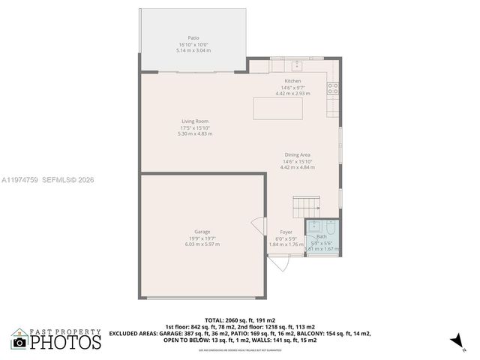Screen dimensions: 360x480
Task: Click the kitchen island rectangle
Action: click(x=278, y=108)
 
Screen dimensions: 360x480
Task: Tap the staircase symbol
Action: click(x=305, y=203)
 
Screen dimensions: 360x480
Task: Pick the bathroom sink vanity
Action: click(x=314, y=225)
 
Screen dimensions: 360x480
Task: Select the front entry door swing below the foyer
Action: click(x=278, y=263)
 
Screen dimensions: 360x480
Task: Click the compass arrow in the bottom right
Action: click(x=454, y=341)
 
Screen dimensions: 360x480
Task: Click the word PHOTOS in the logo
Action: click(x=65, y=343)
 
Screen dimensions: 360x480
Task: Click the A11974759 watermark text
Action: click(x=21, y=180)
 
